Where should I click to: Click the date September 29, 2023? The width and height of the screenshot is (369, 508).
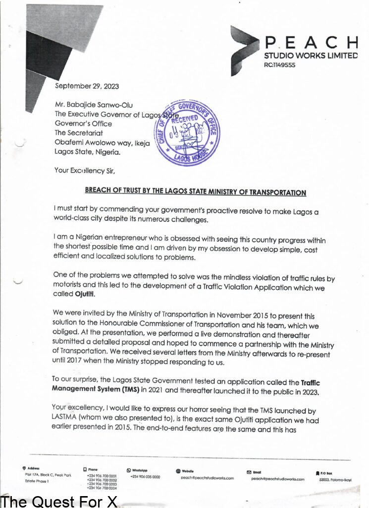(x=87, y=86)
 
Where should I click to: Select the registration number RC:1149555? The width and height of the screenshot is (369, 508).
(x=280, y=65)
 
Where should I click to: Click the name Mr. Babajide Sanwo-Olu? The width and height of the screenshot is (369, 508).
(x=94, y=105)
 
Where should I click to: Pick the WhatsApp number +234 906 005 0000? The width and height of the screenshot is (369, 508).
(x=145, y=477)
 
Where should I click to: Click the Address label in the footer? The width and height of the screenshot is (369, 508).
(x=34, y=468)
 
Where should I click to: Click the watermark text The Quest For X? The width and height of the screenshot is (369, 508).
(x=59, y=501)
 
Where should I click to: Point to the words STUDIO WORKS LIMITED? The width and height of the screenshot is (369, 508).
(x=311, y=56)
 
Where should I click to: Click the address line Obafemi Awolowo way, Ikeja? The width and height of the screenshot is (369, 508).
(x=102, y=142)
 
